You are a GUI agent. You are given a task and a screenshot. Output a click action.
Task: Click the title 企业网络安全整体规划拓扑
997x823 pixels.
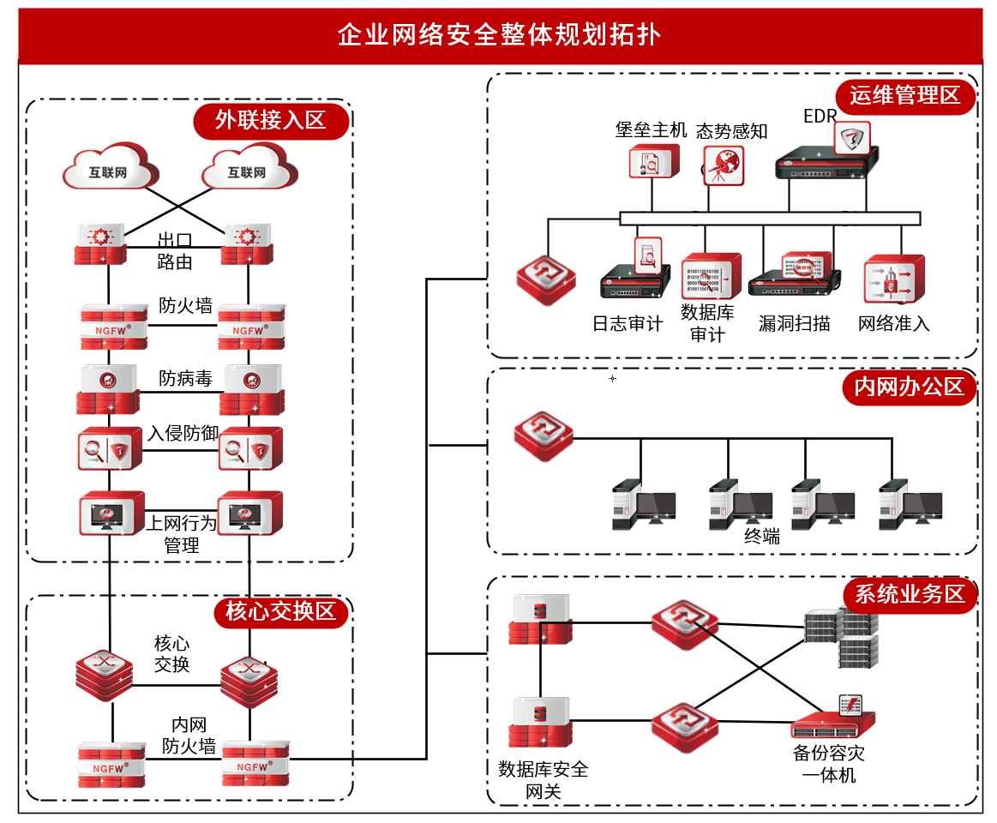pyautogui.click(x=498, y=34)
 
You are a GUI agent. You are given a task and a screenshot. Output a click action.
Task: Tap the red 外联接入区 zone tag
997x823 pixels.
pyautogui.click(x=272, y=120)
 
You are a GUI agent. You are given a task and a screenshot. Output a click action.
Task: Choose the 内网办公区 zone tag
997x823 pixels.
pyautogui.click(x=909, y=387)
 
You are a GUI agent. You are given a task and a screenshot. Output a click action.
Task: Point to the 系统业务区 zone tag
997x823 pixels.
pyautogui.click(x=910, y=593)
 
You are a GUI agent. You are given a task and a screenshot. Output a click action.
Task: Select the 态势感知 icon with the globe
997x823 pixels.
pyautogui.click(x=724, y=164)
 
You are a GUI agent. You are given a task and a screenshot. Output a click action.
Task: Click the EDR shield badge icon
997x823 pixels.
pyautogui.click(x=851, y=137)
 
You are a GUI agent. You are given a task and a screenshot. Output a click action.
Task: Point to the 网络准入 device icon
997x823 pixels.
pyautogui.click(x=893, y=279)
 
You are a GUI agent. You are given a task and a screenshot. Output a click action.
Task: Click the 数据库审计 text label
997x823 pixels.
pyautogui.click(x=707, y=322)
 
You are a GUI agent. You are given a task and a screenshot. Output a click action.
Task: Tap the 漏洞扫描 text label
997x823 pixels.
pyautogui.click(x=794, y=323)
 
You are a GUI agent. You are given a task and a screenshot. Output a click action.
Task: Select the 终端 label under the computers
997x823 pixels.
pyautogui.click(x=761, y=537)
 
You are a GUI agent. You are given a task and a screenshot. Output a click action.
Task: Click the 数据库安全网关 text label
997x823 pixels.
pyautogui.click(x=544, y=779)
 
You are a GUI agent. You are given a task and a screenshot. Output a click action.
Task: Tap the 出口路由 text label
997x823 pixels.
pyautogui.click(x=175, y=250)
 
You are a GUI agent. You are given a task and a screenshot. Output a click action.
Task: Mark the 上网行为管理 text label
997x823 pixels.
pyautogui.click(x=181, y=533)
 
